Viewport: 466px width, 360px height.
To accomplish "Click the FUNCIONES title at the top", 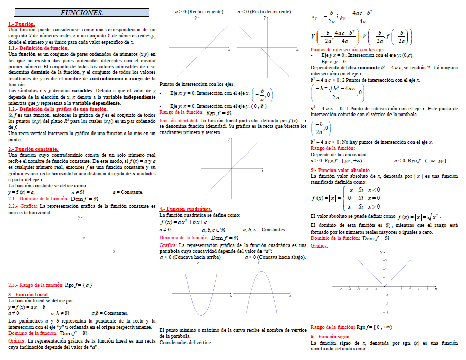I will pyautogui.click(x=82, y=13).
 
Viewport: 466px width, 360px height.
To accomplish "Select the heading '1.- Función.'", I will pyautogui.click(x=22, y=24).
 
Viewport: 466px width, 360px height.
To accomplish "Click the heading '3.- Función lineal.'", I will pyautogui.click(x=29, y=295).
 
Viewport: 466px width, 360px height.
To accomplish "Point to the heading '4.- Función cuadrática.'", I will pyautogui.click(x=185, y=209).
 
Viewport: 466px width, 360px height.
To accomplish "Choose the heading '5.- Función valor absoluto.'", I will pyautogui.click(x=341, y=170).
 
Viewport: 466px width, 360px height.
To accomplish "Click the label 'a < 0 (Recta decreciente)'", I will pyautogui.click(x=264, y=11).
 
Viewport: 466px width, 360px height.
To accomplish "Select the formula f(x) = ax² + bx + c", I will pyautogui.click(x=183, y=222).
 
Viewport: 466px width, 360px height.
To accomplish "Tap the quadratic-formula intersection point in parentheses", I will pyautogui.click(x=338, y=92).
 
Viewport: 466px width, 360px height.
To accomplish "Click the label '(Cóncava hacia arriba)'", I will pyautogui.click(x=197, y=257).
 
